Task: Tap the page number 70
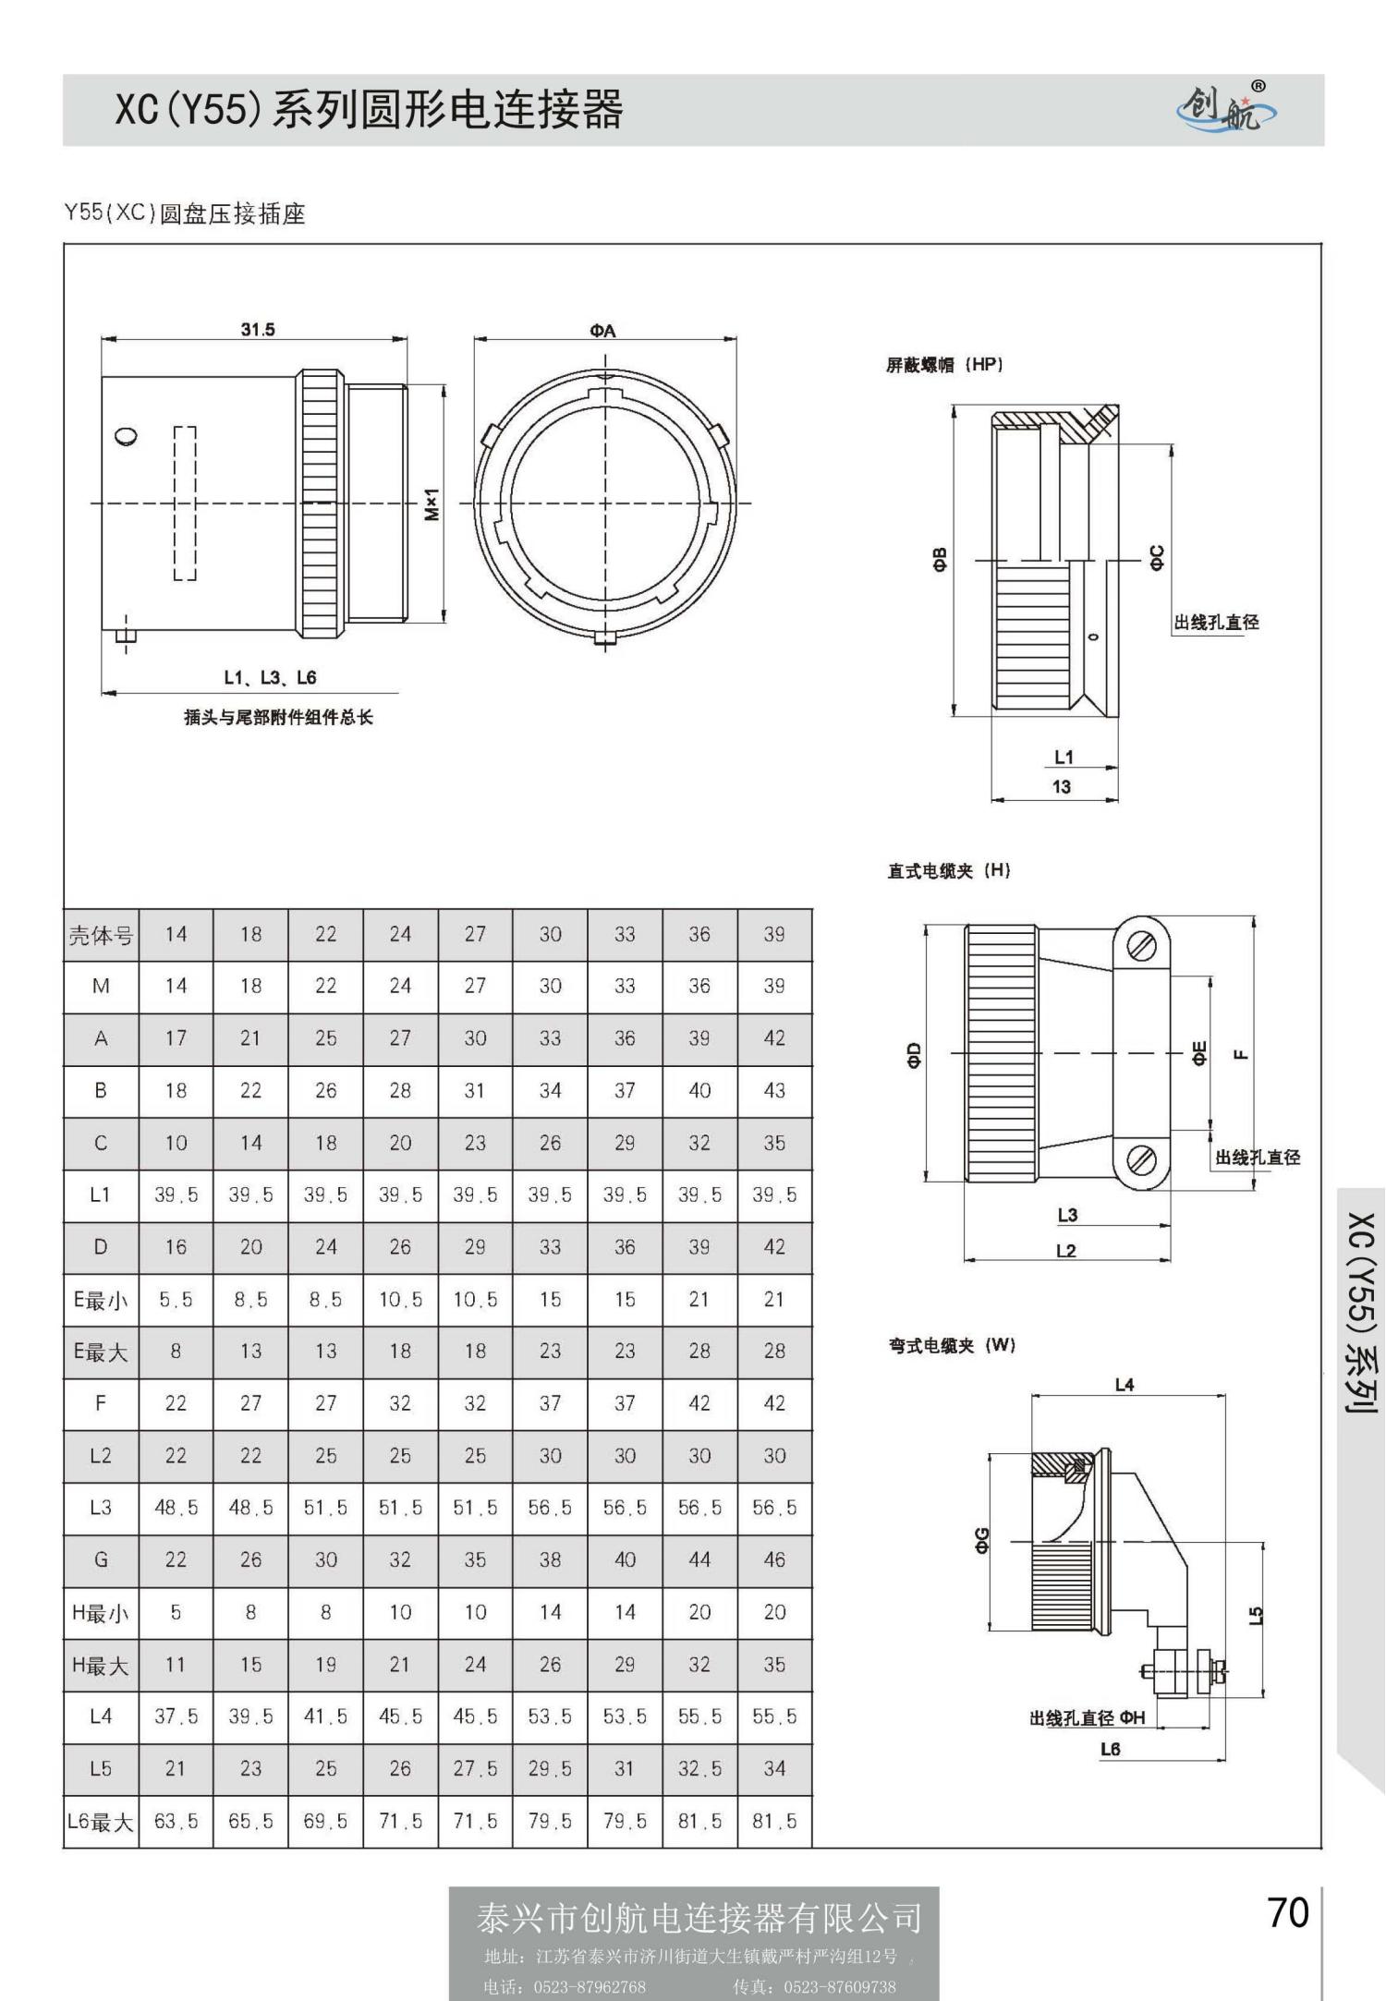tap(1288, 1913)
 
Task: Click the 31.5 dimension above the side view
tap(258, 330)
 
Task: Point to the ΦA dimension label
tap(603, 331)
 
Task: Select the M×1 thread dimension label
tap(432, 504)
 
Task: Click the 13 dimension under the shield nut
tap(1062, 787)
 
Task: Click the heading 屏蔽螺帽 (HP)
tap(944, 365)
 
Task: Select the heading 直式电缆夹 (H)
tap(949, 870)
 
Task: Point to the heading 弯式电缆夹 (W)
tap(952, 1346)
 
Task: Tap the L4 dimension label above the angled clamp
tap(1124, 1385)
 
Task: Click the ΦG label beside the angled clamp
tap(982, 1540)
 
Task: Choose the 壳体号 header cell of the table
tap(101, 935)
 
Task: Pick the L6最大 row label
tap(101, 1823)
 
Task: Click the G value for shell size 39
tap(774, 1560)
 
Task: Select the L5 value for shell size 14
tap(176, 1769)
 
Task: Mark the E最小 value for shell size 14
tap(176, 1300)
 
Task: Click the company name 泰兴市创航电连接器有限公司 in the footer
tap(699, 1919)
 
